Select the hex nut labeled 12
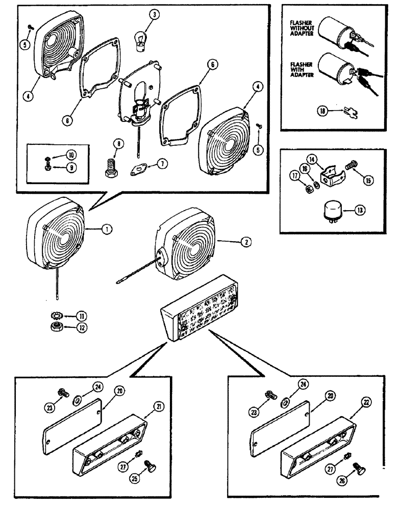coord(54,327)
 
